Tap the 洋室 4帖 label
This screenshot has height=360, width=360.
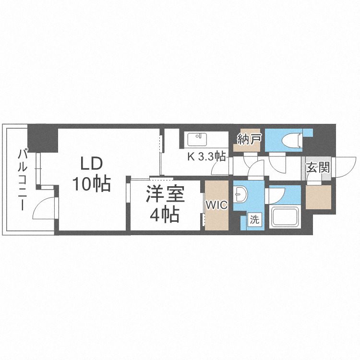click(x=164, y=205)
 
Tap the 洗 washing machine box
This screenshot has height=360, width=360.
click(x=255, y=220)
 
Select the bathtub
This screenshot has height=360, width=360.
click(x=285, y=217)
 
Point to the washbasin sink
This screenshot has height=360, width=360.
click(x=240, y=194)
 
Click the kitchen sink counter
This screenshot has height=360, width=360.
click(x=196, y=139)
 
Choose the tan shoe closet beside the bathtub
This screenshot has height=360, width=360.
click(x=318, y=196)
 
